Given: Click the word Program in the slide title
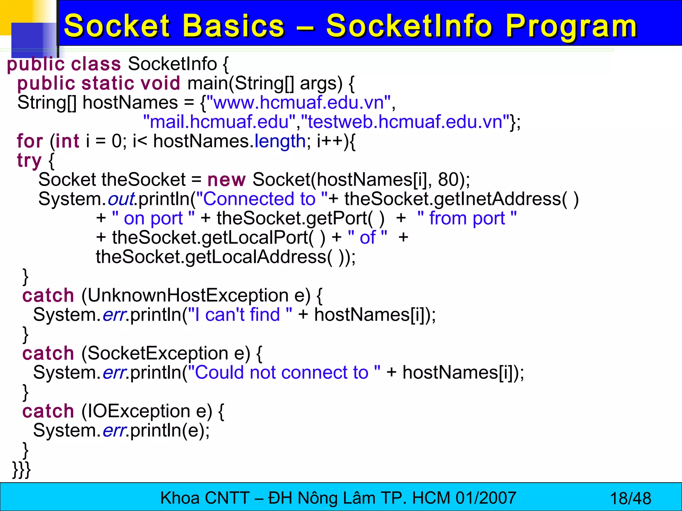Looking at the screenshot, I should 571,27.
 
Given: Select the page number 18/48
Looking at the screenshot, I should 630,498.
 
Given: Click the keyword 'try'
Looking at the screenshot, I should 29,161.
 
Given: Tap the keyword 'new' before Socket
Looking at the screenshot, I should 226,180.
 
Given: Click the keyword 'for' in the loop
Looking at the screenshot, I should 30,141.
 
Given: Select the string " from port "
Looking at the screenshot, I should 467,219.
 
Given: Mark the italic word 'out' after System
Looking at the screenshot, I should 121,199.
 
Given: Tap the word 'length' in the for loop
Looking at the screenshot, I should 280,141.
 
